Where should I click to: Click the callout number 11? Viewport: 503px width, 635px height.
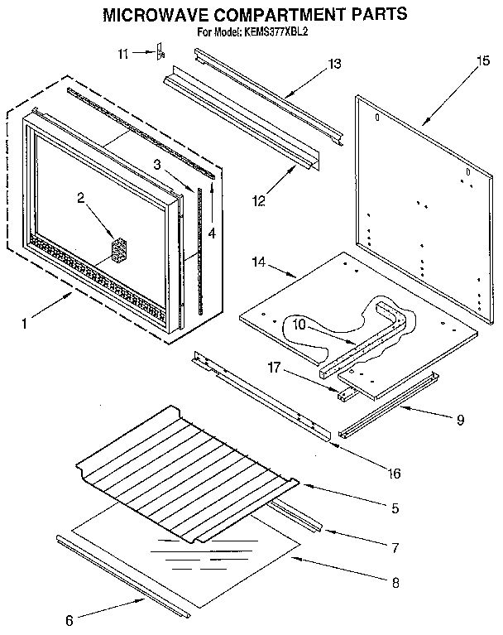pyautogui.click(x=123, y=54)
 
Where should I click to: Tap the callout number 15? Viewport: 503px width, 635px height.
pyautogui.click(x=483, y=61)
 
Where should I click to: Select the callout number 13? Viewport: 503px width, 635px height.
pyautogui.click(x=334, y=65)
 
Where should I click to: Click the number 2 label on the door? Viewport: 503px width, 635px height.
pyautogui.click(x=80, y=197)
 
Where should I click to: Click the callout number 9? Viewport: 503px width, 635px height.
pyautogui.click(x=459, y=420)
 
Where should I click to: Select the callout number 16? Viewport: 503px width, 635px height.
pyautogui.click(x=394, y=474)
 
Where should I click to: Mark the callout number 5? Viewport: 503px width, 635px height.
pyautogui.click(x=395, y=508)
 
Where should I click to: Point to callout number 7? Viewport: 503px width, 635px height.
pyautogui.click(x=395, y=547)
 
